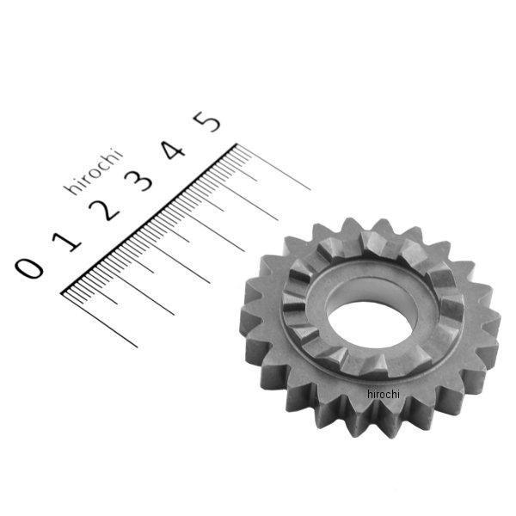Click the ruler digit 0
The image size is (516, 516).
[x=29, y=268]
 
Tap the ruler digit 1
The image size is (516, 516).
[x=67, y=243]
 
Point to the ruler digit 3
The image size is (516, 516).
[x=138, y=181]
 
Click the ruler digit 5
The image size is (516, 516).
[x=207, y=121]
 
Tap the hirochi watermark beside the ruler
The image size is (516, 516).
[x=93, y=173]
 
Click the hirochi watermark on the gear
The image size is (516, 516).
[x=383, y=394]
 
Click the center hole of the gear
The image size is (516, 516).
[x=370, y=325]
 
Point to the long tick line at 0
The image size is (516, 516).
[x=100, y=320]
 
